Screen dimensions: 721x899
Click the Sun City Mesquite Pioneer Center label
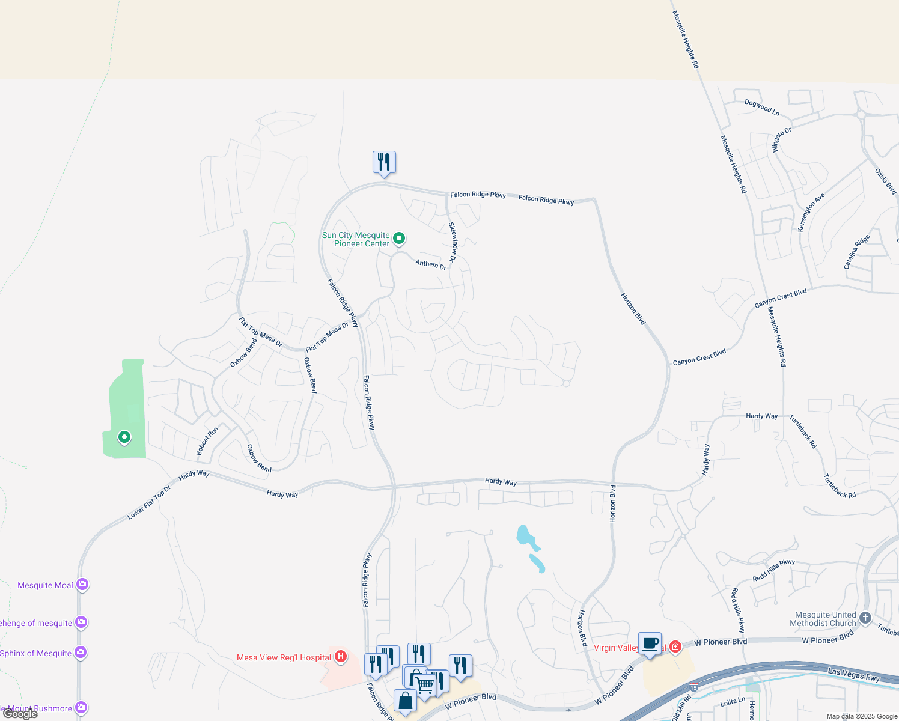coord(356,240)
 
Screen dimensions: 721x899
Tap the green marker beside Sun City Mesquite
coord(398,239)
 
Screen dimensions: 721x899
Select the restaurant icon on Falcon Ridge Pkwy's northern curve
coord(384,162)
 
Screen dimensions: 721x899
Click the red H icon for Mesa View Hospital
coord(341,657)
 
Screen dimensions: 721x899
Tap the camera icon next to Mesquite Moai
coord(82,585)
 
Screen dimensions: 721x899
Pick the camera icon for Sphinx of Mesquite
coord(81,653)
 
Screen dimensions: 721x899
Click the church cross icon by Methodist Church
coord(865,618)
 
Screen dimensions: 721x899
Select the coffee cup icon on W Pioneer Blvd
coord(650,643)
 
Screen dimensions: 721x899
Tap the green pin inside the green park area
coord(124,437)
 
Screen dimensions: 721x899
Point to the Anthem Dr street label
coord(431,264)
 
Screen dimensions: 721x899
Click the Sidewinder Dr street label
coord(453,242)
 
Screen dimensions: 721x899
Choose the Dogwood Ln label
coord(761,108)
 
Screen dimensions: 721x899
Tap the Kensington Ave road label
coord(811,212)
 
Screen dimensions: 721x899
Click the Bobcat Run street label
coord(207,440)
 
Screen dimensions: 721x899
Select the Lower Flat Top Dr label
coord(149,502)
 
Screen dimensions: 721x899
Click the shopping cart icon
coord(425,684)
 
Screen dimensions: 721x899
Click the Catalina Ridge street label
coord(856,252)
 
